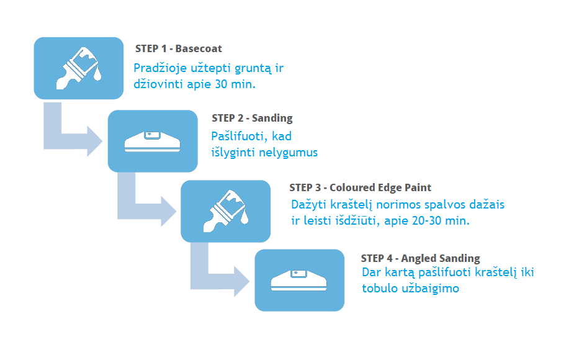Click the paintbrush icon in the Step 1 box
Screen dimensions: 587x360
79,68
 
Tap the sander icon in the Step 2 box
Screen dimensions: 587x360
153,142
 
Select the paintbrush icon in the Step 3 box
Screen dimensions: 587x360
226,211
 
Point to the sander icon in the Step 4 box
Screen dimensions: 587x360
298,281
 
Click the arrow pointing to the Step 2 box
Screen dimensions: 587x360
62,141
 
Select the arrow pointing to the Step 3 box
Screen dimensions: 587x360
135,211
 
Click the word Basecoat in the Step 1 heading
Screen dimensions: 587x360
199,48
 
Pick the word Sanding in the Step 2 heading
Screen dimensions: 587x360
272,119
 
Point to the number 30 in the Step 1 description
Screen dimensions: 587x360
222,84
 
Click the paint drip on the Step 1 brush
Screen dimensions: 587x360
97,74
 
